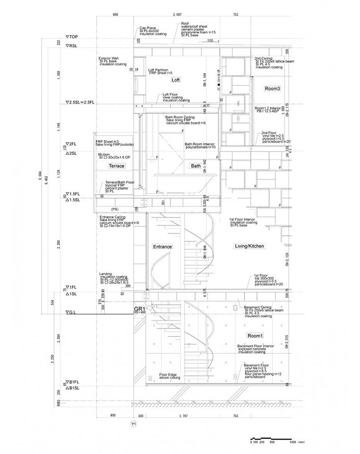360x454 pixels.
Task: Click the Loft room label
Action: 175,80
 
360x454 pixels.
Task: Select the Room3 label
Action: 272,89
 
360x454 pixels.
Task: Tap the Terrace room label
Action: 117,166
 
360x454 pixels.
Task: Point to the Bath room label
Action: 196,166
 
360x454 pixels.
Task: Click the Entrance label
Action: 162,247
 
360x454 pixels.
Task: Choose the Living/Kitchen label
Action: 249,246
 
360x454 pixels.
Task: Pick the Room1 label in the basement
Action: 255,336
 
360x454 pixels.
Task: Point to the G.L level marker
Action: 72,312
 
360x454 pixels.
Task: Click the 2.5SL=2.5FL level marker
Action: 80,103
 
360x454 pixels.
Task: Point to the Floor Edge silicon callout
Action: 170,376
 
